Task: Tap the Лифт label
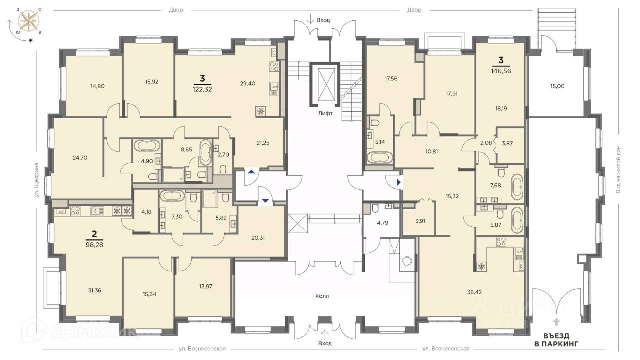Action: [x=325, y=113]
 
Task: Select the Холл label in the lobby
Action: [x=322, y=296]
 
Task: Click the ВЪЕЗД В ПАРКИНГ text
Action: [x=556, y=339]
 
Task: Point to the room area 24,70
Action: [x=80, y=157]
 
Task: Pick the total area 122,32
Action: [x=202, y=89]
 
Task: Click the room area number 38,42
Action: [x=474, y=292]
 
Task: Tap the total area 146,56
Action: [x=501, y=71]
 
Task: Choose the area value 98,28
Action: [x=94, y=245]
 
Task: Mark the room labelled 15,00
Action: [x=557, y=86]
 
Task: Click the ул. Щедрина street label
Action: [x=37, y=180]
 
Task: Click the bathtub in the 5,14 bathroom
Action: [x=379, y=158]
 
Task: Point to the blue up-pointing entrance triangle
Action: [x=251, y=172]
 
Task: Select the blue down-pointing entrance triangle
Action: [x=265, y=201]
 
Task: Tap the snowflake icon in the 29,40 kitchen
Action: [x=261, y=111]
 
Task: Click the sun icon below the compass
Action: [x=30, y=40]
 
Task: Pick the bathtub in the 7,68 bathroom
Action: [x=517, y=187]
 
